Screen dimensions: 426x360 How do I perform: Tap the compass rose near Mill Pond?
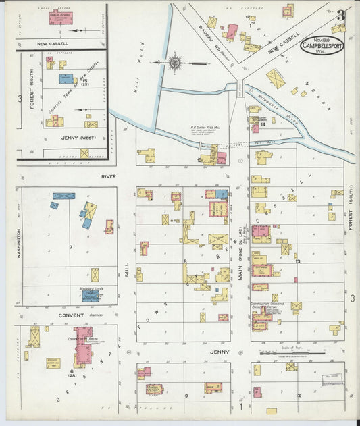[x=174, y=63]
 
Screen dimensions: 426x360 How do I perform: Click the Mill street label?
[x=126, y=271]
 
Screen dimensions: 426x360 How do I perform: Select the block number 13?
[x=297, y=260]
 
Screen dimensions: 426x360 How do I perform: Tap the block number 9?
[x=186, y=396]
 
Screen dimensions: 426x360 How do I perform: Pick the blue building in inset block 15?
[x=66, y=79]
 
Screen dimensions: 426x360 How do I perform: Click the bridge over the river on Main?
[x=240, y=87]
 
